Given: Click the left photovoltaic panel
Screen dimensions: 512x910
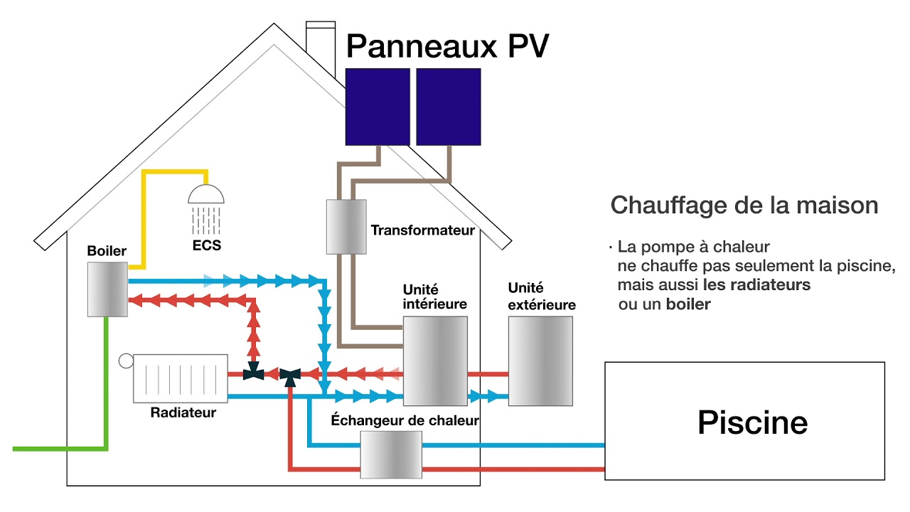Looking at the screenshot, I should (378, 107).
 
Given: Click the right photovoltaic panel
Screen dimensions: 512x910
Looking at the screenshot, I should (448, 107).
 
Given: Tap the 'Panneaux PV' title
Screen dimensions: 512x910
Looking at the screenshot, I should (447, 46).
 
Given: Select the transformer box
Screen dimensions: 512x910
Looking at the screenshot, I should (346, 226).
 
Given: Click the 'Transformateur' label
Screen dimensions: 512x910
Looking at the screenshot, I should (422, 230).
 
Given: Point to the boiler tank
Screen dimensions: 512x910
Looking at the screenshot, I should (107, 289).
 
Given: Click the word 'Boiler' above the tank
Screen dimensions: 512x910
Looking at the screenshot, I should (107, 251).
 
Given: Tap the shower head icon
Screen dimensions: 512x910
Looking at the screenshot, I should (205, 195).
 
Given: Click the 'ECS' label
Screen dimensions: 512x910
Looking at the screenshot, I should (206, 246).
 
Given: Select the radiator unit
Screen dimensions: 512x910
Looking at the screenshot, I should (181, 378).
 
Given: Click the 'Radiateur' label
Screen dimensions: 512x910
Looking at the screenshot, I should (183, 412).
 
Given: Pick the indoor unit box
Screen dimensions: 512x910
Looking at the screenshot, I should (435, 361).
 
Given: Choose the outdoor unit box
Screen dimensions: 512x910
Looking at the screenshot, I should (540, 361).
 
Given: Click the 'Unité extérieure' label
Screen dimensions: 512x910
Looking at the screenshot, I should (541, 297).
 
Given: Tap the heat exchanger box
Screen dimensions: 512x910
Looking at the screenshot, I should (391, 455).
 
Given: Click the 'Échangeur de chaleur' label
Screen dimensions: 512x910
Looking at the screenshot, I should (405, 420).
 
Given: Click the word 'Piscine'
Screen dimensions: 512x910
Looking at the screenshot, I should (752, 422).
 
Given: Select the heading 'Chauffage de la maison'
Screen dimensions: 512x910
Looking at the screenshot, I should (744, 206).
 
